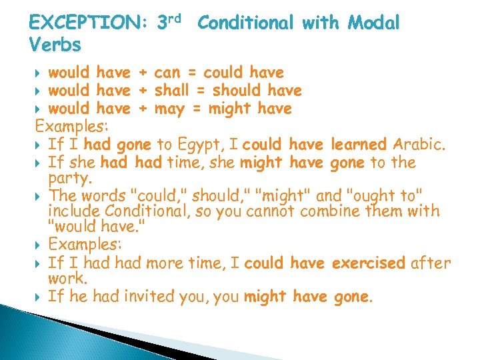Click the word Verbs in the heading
click(55, 45)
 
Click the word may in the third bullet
click(169, 108)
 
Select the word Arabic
click(420, 144)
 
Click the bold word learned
click(359, 144)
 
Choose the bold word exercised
click(367, 263)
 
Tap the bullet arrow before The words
click(37, 196)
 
